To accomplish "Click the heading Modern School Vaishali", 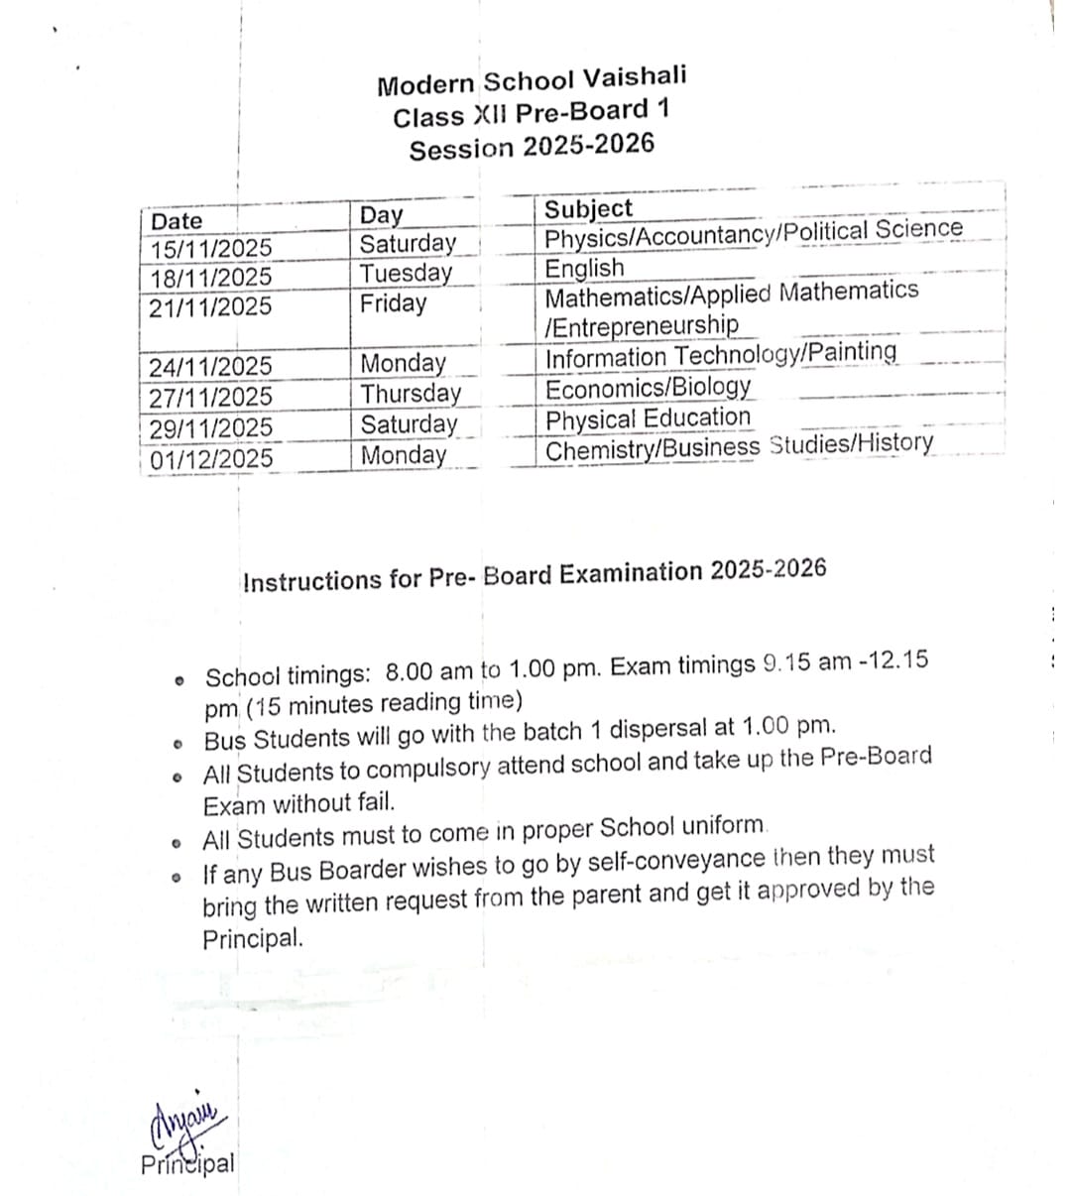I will [x=532, y=80].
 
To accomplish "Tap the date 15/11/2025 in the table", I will [x=210, y=248].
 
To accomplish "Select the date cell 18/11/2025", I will [x=210, y=278].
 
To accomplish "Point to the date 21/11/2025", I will [x=210, y=307].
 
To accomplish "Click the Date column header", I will [x=177, y=220].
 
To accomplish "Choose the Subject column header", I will [x=588, y=208].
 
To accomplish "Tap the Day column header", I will [x=382, y=215].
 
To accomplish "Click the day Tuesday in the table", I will [x=406, y=273].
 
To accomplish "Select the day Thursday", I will [x=411, y=394].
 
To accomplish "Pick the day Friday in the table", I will [x=393, y=303].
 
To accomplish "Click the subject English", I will [x=585, y=268].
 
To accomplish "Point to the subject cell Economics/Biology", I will [x=649, y=387].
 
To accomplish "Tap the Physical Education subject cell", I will [x=649, y=419].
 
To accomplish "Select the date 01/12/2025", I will [x=211, y=459].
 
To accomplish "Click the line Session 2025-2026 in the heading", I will [x=532, y=147].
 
